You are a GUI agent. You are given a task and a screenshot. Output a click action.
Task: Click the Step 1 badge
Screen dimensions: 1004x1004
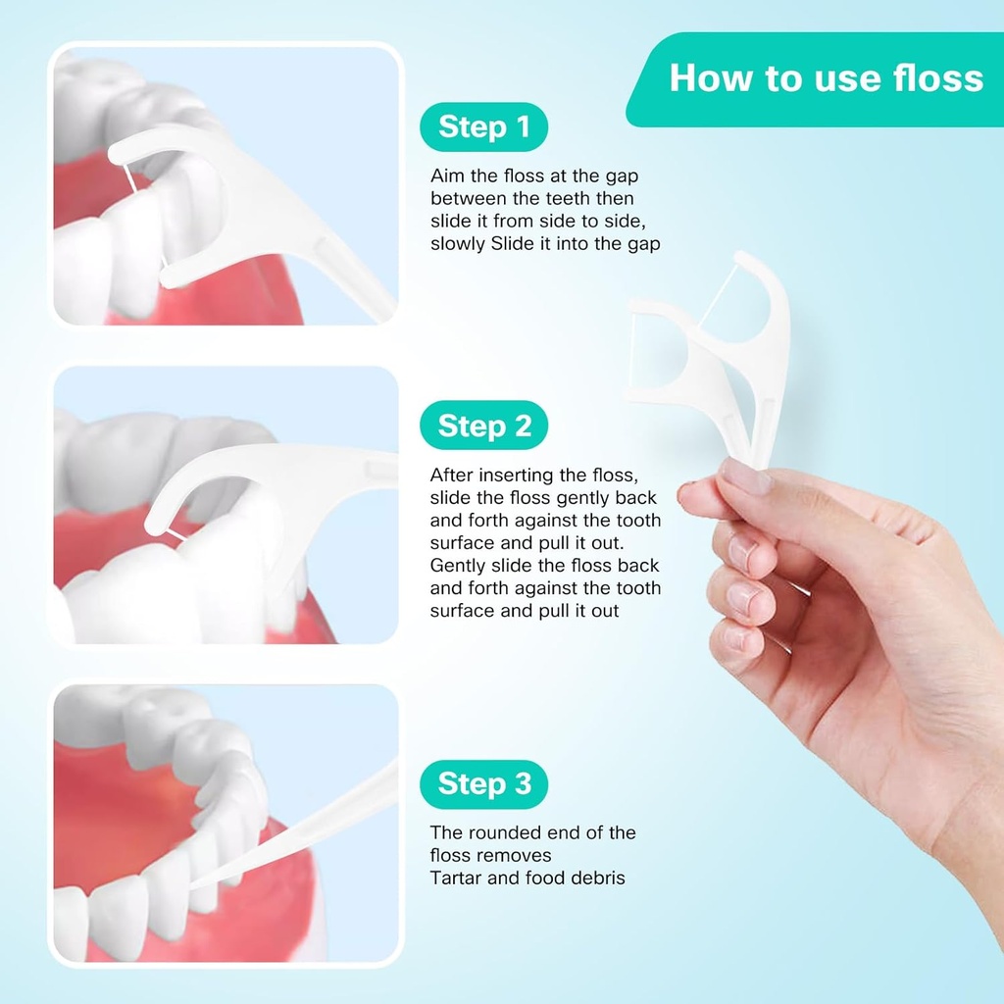click(x=483, y=127)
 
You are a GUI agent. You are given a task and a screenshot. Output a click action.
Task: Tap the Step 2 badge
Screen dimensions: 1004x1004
click(x=483, y=427)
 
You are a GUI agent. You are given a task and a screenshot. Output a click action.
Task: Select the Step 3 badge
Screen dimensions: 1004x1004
click(x=483, y=784)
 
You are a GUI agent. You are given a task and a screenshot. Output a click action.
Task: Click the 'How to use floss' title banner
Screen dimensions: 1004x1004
click(x=825, y=78)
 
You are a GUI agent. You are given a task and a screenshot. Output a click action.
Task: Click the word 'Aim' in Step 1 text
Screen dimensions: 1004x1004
click(x=447, y=176)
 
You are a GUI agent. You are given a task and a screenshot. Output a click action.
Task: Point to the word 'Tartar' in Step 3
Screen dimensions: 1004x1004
click(x=456, y=878)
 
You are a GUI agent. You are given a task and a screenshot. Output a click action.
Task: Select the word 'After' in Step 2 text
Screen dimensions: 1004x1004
click(x=452, y=475)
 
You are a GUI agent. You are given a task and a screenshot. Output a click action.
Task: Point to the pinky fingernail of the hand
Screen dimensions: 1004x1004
click(x=737, y=640)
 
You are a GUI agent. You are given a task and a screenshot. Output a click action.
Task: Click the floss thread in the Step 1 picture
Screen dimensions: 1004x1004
click(x=130, y=178)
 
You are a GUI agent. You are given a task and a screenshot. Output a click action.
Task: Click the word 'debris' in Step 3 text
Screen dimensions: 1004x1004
click(x=597, y=878)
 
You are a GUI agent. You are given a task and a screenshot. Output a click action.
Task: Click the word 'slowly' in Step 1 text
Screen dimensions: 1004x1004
click(x=457, y=243)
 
